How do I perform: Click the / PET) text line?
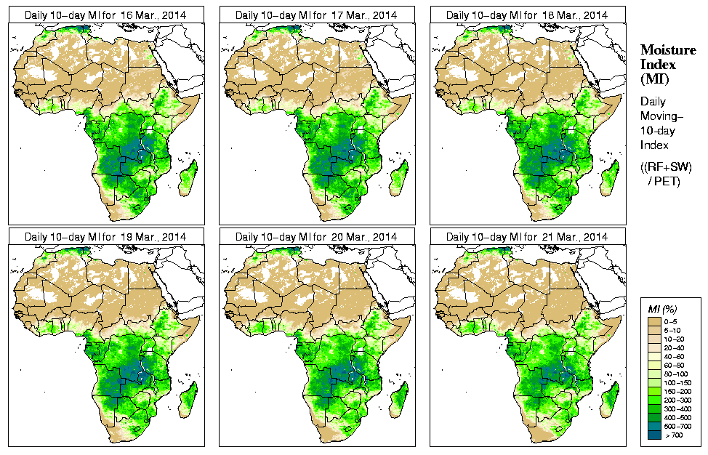coord(664,181)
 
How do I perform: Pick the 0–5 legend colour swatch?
coord(653,321)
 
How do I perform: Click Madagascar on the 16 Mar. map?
coord(188,178)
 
